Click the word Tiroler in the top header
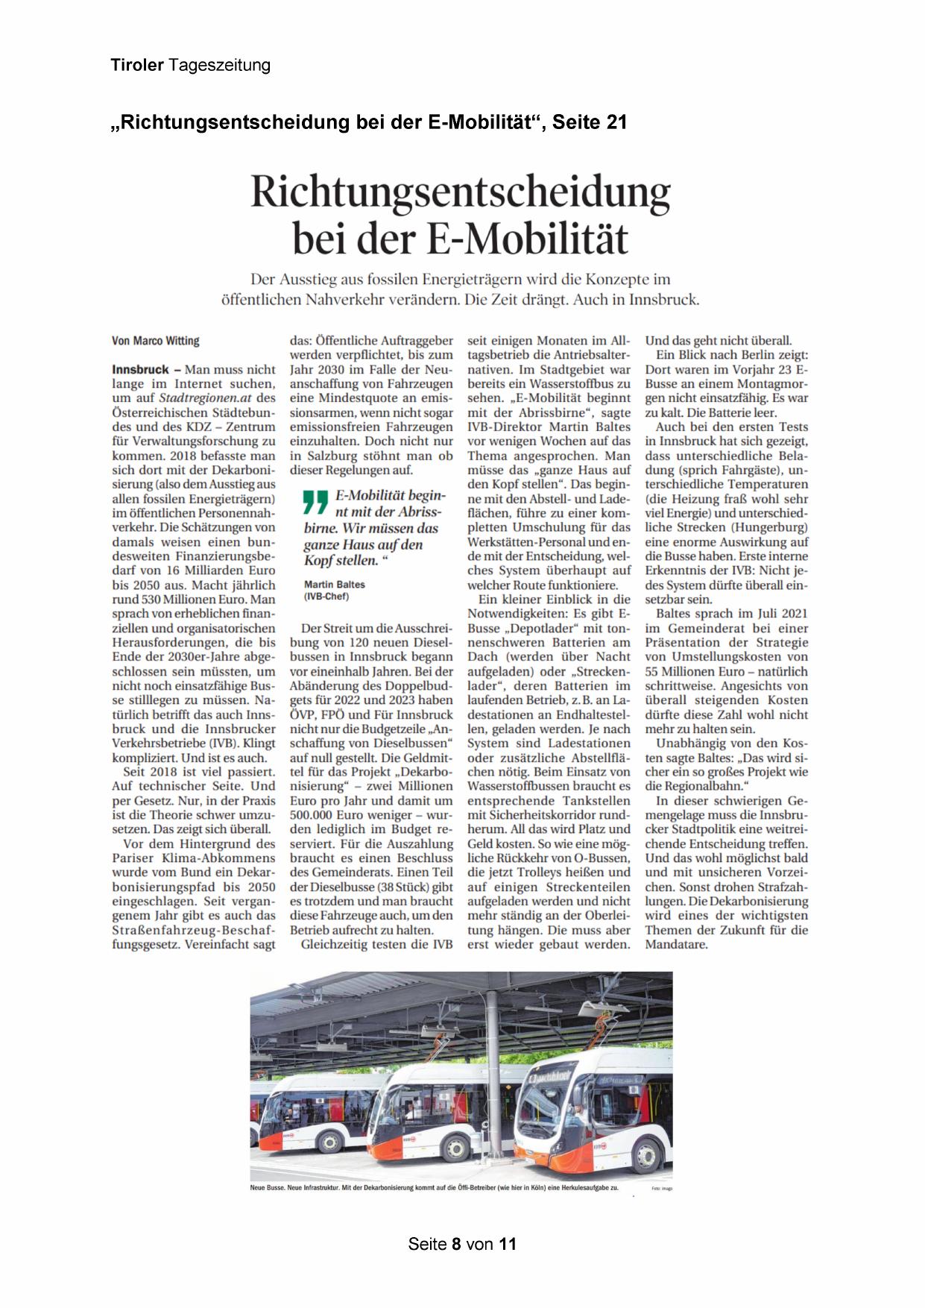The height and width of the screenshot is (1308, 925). click(137, 66)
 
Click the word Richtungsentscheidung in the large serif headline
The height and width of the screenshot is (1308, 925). click(461, 192)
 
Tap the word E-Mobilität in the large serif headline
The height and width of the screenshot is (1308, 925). click(527, 239)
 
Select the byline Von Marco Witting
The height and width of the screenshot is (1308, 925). click(156, 341)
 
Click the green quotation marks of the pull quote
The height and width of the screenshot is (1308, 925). click(316, 502)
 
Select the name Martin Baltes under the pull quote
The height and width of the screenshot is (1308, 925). click(335, 585)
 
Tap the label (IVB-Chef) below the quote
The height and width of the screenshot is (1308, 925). click(326, 597)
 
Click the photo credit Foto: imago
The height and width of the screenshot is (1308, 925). click(662, 1189)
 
